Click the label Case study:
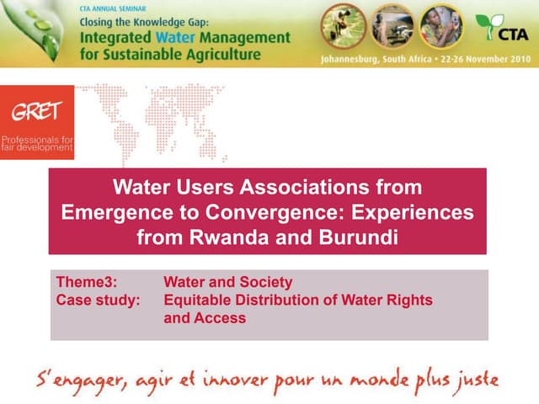98,300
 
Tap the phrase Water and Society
227,282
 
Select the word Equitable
200,300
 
